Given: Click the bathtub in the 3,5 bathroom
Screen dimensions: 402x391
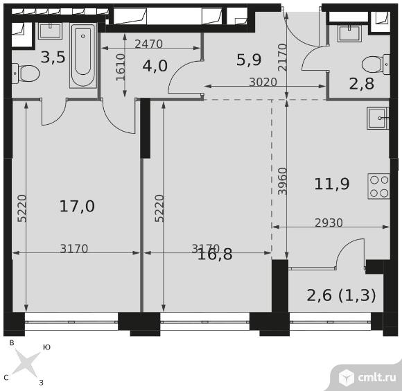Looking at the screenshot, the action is (x=82, y=56).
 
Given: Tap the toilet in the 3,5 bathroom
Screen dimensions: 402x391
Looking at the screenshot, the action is (x=25, y=73).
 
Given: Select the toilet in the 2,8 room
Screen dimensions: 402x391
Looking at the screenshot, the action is (x=376, y=64).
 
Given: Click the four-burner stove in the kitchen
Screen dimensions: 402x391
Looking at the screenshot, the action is (x=378, y=186).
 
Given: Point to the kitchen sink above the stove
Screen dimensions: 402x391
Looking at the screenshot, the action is (x=378, y=118).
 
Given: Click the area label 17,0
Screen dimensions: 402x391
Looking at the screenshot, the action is (x=77, y=207).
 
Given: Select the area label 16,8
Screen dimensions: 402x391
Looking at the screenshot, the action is (x=215, y=254).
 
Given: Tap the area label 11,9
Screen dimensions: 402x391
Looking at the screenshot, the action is (x=332, y=184).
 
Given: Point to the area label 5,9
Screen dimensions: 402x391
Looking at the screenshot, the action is (x=249, y=60).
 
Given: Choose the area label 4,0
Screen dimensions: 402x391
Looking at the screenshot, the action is (x=155, y=66).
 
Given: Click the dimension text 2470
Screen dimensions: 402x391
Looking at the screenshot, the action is (x=149, y=44).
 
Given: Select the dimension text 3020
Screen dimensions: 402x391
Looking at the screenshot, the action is (x=263, y=82).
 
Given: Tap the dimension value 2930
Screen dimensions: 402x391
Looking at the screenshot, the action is (x=329, y=223).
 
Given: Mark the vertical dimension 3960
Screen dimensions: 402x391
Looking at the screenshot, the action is (x=283, y=181).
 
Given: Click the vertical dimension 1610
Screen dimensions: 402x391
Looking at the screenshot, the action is (x=121, y=67).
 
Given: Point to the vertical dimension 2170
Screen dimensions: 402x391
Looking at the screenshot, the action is (x=283, y=57).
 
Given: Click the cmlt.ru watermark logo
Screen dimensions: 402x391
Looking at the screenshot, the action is (x=367, y=377).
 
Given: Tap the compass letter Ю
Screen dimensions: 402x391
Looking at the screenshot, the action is (x=46, y=347).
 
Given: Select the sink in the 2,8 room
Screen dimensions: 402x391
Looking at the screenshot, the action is (x=350, y=33).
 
